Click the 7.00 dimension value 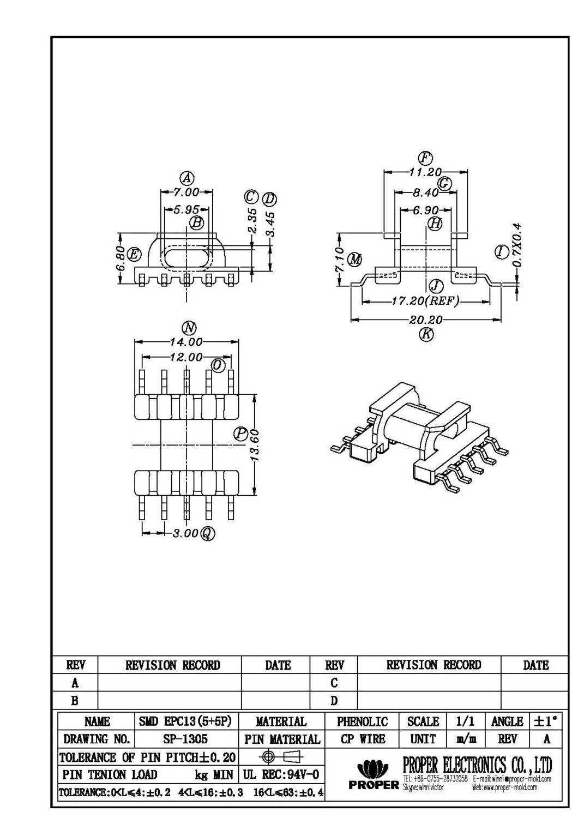186,192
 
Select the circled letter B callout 196,222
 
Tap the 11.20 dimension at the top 425,172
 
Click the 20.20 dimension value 426,320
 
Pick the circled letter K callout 426,334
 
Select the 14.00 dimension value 186,342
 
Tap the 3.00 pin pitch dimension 185,533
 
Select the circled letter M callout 355,259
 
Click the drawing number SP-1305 186,739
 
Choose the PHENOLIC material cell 362,721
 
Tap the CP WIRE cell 362,739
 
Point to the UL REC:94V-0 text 281,774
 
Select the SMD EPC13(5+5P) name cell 186,721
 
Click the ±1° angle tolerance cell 545,721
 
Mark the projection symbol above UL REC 281,757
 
